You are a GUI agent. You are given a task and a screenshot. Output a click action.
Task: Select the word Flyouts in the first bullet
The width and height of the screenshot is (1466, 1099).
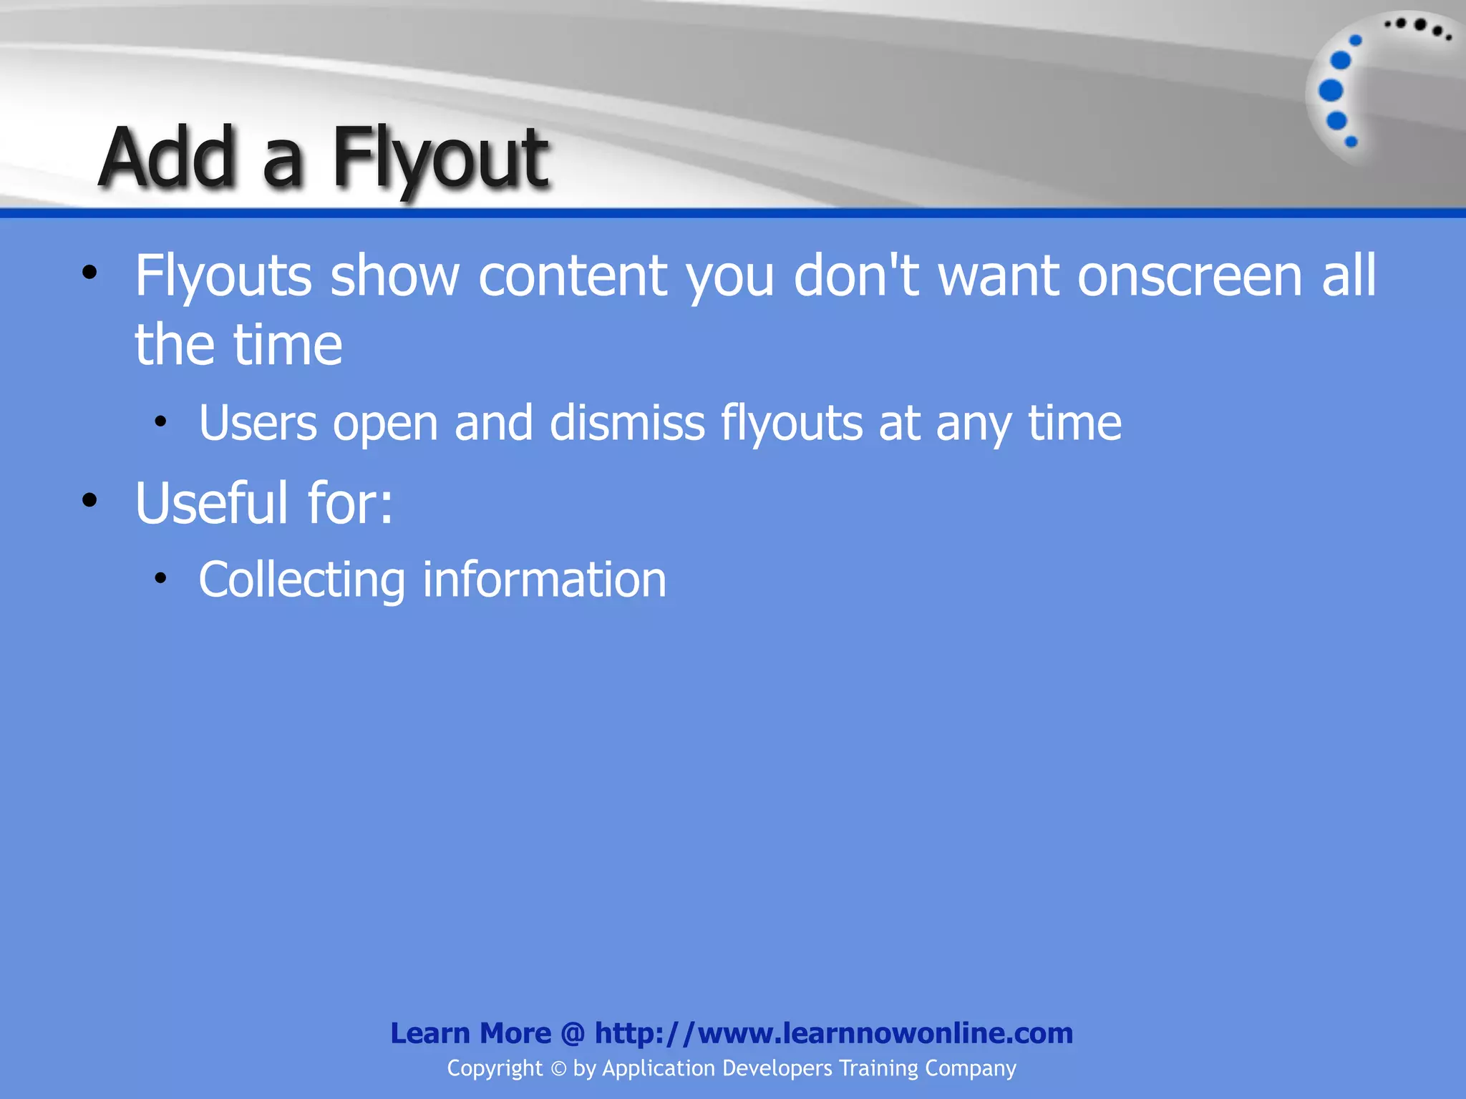[x=223, y=276]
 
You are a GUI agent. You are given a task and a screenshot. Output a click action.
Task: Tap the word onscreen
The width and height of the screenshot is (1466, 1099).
[x=1190, y=276]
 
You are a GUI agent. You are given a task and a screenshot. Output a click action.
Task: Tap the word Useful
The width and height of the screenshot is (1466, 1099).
[x=212, y=503]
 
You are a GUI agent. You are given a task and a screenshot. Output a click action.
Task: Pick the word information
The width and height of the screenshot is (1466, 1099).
[x=544, y=580]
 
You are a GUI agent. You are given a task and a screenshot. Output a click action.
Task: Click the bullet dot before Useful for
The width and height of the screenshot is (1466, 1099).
[x=89, y=500]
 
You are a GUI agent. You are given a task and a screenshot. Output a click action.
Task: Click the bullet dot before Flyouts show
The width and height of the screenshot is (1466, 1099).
[x=89, y=273]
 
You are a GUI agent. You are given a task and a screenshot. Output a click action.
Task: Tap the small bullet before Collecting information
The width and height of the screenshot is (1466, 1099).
[x=160, y=577]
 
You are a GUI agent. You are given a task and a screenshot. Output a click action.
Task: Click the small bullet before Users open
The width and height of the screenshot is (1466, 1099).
[x=160, y=421]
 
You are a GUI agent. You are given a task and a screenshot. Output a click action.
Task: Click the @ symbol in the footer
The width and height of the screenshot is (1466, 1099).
[x=573, y=1033]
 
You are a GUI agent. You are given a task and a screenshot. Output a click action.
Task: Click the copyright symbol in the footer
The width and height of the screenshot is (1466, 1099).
[x=558, y=1069]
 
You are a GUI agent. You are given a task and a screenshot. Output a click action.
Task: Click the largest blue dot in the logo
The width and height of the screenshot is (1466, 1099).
[x=1331, y=91]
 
